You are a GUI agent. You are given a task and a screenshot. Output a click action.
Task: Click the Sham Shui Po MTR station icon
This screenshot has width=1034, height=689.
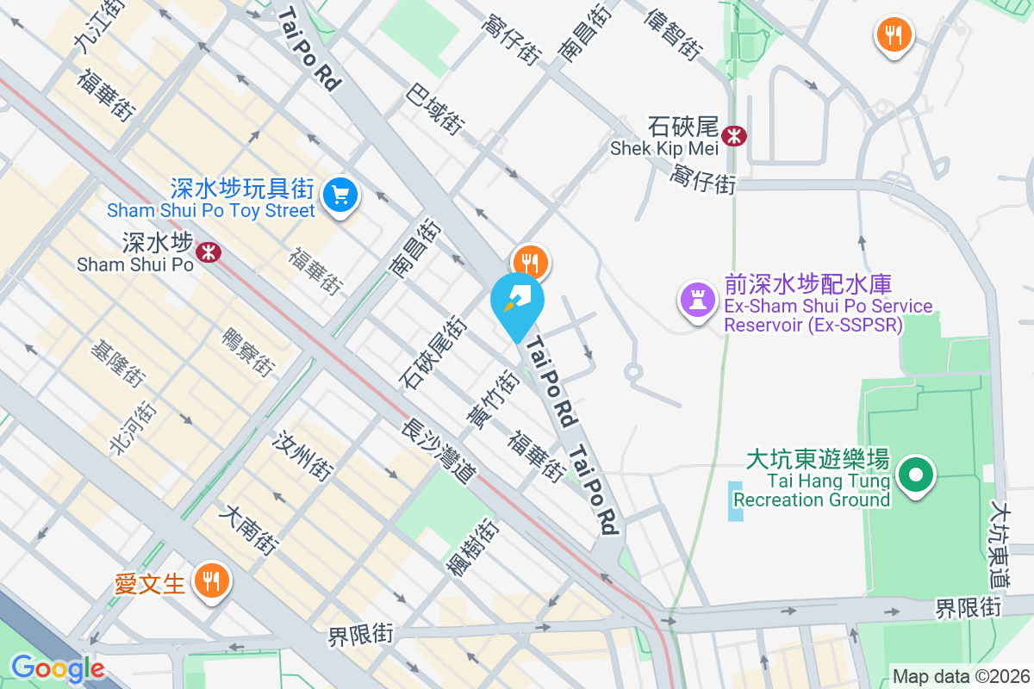pos(208,251)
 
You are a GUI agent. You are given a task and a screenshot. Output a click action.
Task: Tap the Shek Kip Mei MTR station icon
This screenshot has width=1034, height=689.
pos(735,135)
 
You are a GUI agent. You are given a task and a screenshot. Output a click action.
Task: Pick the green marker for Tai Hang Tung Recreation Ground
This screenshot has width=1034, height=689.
pos(917,475)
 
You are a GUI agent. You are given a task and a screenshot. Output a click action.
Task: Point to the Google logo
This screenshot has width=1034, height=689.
pos(57,668)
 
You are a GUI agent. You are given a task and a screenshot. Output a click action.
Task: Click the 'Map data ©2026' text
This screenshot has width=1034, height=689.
pos(961,677)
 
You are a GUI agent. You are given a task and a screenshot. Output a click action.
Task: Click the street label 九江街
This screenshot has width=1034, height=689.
pos(95,28)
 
